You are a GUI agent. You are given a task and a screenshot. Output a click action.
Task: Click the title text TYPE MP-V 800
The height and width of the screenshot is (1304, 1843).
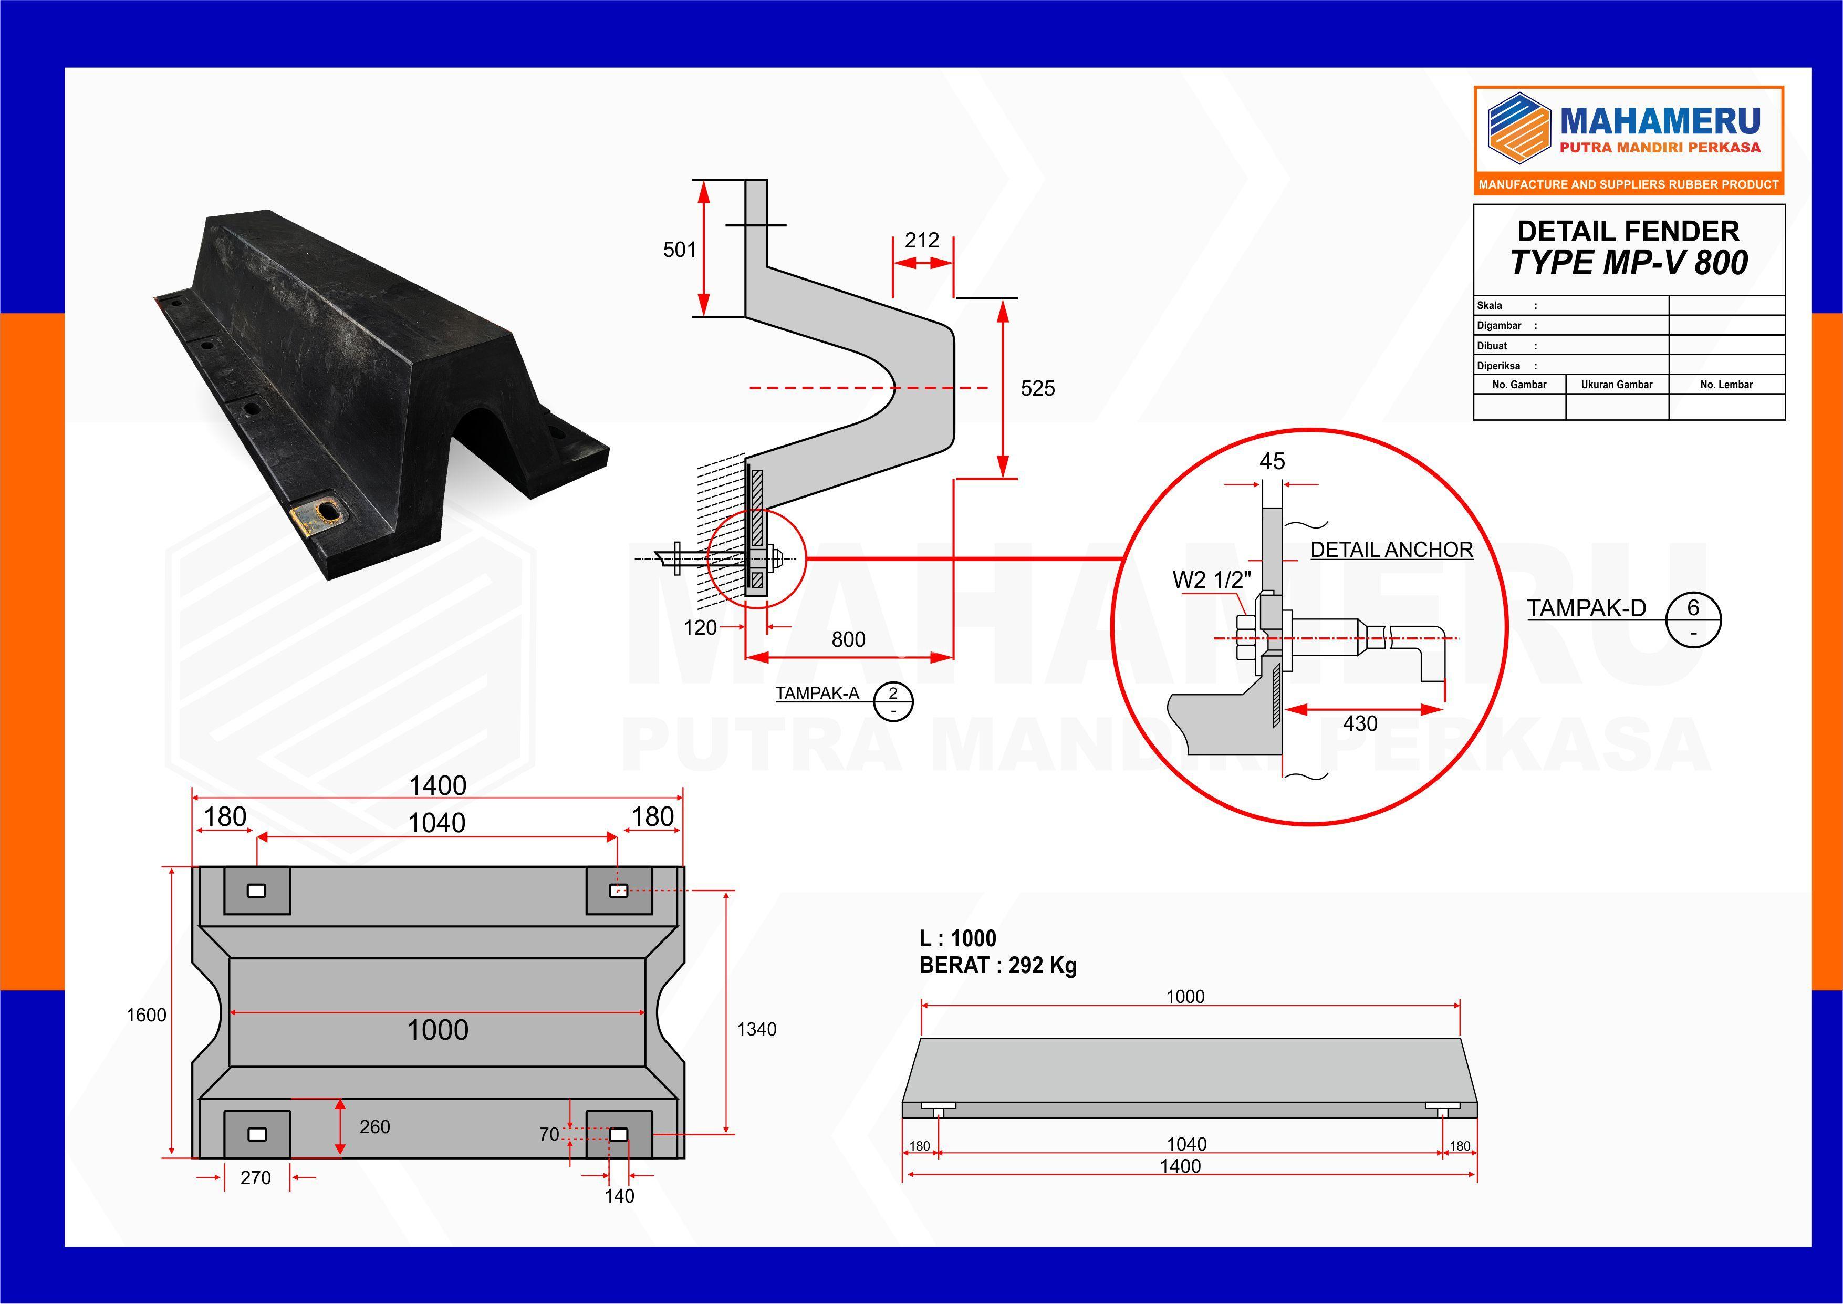(x=1629, y=263)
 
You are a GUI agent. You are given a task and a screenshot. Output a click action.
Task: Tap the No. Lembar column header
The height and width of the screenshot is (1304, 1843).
(x=1726, y=385)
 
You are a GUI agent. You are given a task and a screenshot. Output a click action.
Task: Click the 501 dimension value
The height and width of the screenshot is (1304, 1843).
(x=679, y=250)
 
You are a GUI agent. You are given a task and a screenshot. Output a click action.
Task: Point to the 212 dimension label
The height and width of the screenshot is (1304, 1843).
(x=921, y=240)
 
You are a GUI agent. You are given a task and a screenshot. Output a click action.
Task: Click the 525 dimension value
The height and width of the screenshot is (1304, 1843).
(x=1037, y=389)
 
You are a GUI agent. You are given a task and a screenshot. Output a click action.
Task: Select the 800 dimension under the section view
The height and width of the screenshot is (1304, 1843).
(x=848, y=639)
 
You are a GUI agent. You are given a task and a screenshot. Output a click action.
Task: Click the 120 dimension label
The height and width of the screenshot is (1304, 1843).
(x=700, y=628)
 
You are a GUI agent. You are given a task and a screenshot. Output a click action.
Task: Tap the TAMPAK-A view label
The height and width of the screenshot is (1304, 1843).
(x=817, y=694)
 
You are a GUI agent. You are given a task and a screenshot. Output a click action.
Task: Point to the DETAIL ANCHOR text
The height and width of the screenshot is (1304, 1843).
(x=1392, y=550)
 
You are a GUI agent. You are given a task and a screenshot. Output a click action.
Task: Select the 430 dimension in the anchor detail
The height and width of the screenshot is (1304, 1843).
(x=1360, y=723)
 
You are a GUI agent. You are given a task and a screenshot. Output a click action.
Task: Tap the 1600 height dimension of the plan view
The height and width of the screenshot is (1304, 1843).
(x=146, y=1015)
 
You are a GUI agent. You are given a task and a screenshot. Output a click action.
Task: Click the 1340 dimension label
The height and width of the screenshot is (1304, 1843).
(x=757, y=1029)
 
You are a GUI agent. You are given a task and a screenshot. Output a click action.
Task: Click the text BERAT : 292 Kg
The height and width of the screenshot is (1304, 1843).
(x=998, y=965)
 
